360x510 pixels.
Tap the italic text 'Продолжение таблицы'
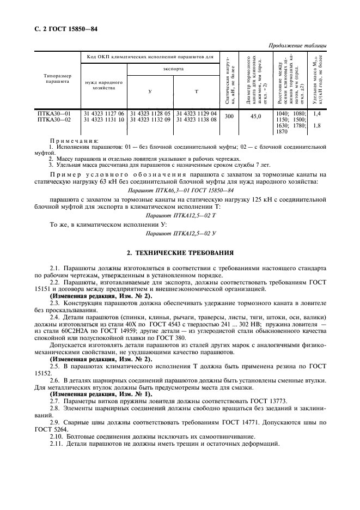click(298, 45)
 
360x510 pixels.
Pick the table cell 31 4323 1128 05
click(150, 113)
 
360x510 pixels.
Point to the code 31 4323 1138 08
click(196, 119)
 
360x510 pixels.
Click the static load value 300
click(229, 116)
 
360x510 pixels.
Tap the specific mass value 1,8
click(318, 125)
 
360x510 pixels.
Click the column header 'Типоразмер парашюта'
click(54, 79)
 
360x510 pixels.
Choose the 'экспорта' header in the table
click(173, 69)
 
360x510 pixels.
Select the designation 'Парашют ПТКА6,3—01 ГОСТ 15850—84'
click(172, 190)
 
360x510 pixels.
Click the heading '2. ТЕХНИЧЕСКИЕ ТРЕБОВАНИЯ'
click(180, 253)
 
